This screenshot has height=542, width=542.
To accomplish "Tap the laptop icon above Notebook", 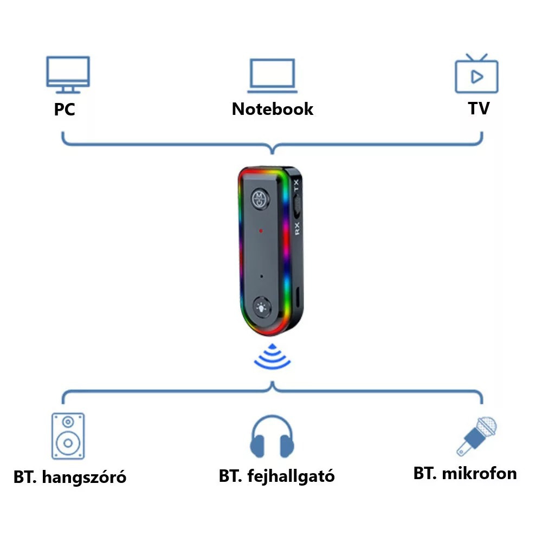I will click(x=272, y=74).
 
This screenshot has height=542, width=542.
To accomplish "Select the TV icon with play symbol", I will click(x=476, y=74).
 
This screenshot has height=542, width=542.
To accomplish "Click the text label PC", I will click(x=64, y=110).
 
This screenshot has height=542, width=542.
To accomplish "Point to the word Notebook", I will click(x=272, y=109).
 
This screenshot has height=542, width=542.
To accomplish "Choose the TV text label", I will click(x=479, y=108).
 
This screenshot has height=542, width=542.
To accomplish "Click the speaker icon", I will click(x=68, y=436).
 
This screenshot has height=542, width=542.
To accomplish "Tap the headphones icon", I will click(x=272, y=437).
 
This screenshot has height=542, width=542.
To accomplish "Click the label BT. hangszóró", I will click(x=70, y=478).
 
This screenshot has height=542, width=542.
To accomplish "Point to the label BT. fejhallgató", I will click(x=277, y=476).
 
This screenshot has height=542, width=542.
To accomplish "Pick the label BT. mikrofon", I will click(x=465, y=473).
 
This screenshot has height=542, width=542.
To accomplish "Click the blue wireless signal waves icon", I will click(x=272, y=358).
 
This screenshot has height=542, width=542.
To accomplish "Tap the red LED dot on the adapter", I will click(x=261, y=231).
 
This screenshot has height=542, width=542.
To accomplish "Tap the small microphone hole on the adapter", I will click(x=262, y=276).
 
